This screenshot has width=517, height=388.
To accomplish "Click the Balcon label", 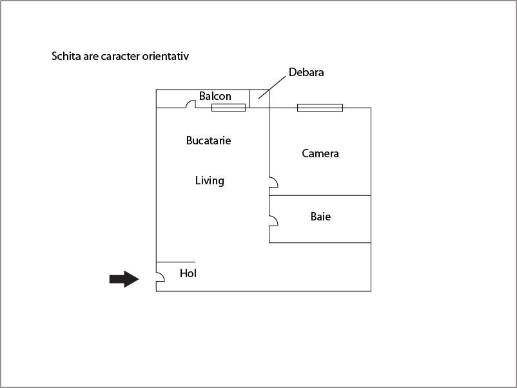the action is (215, 96).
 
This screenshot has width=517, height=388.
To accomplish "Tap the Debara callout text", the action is (306, 72).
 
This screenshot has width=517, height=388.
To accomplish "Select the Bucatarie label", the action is (208, 141).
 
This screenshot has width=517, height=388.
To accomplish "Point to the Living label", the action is (210, 180).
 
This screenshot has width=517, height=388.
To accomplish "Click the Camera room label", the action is (320, 153).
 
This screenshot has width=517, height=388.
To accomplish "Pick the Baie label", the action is (320, 217).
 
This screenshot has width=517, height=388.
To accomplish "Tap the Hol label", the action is (188, 273).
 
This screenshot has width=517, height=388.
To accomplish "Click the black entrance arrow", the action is (124, 279).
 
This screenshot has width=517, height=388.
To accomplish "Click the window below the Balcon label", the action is (228, 108).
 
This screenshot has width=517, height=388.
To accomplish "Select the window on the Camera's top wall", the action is (320, 108).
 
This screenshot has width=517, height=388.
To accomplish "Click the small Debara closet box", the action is (260, 98).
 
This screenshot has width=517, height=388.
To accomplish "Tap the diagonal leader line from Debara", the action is (272, 88).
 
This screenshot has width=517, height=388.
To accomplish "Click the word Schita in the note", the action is (66, 56).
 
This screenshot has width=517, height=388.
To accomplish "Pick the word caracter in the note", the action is (121, 56).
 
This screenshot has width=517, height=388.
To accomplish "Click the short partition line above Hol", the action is (176, 262).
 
